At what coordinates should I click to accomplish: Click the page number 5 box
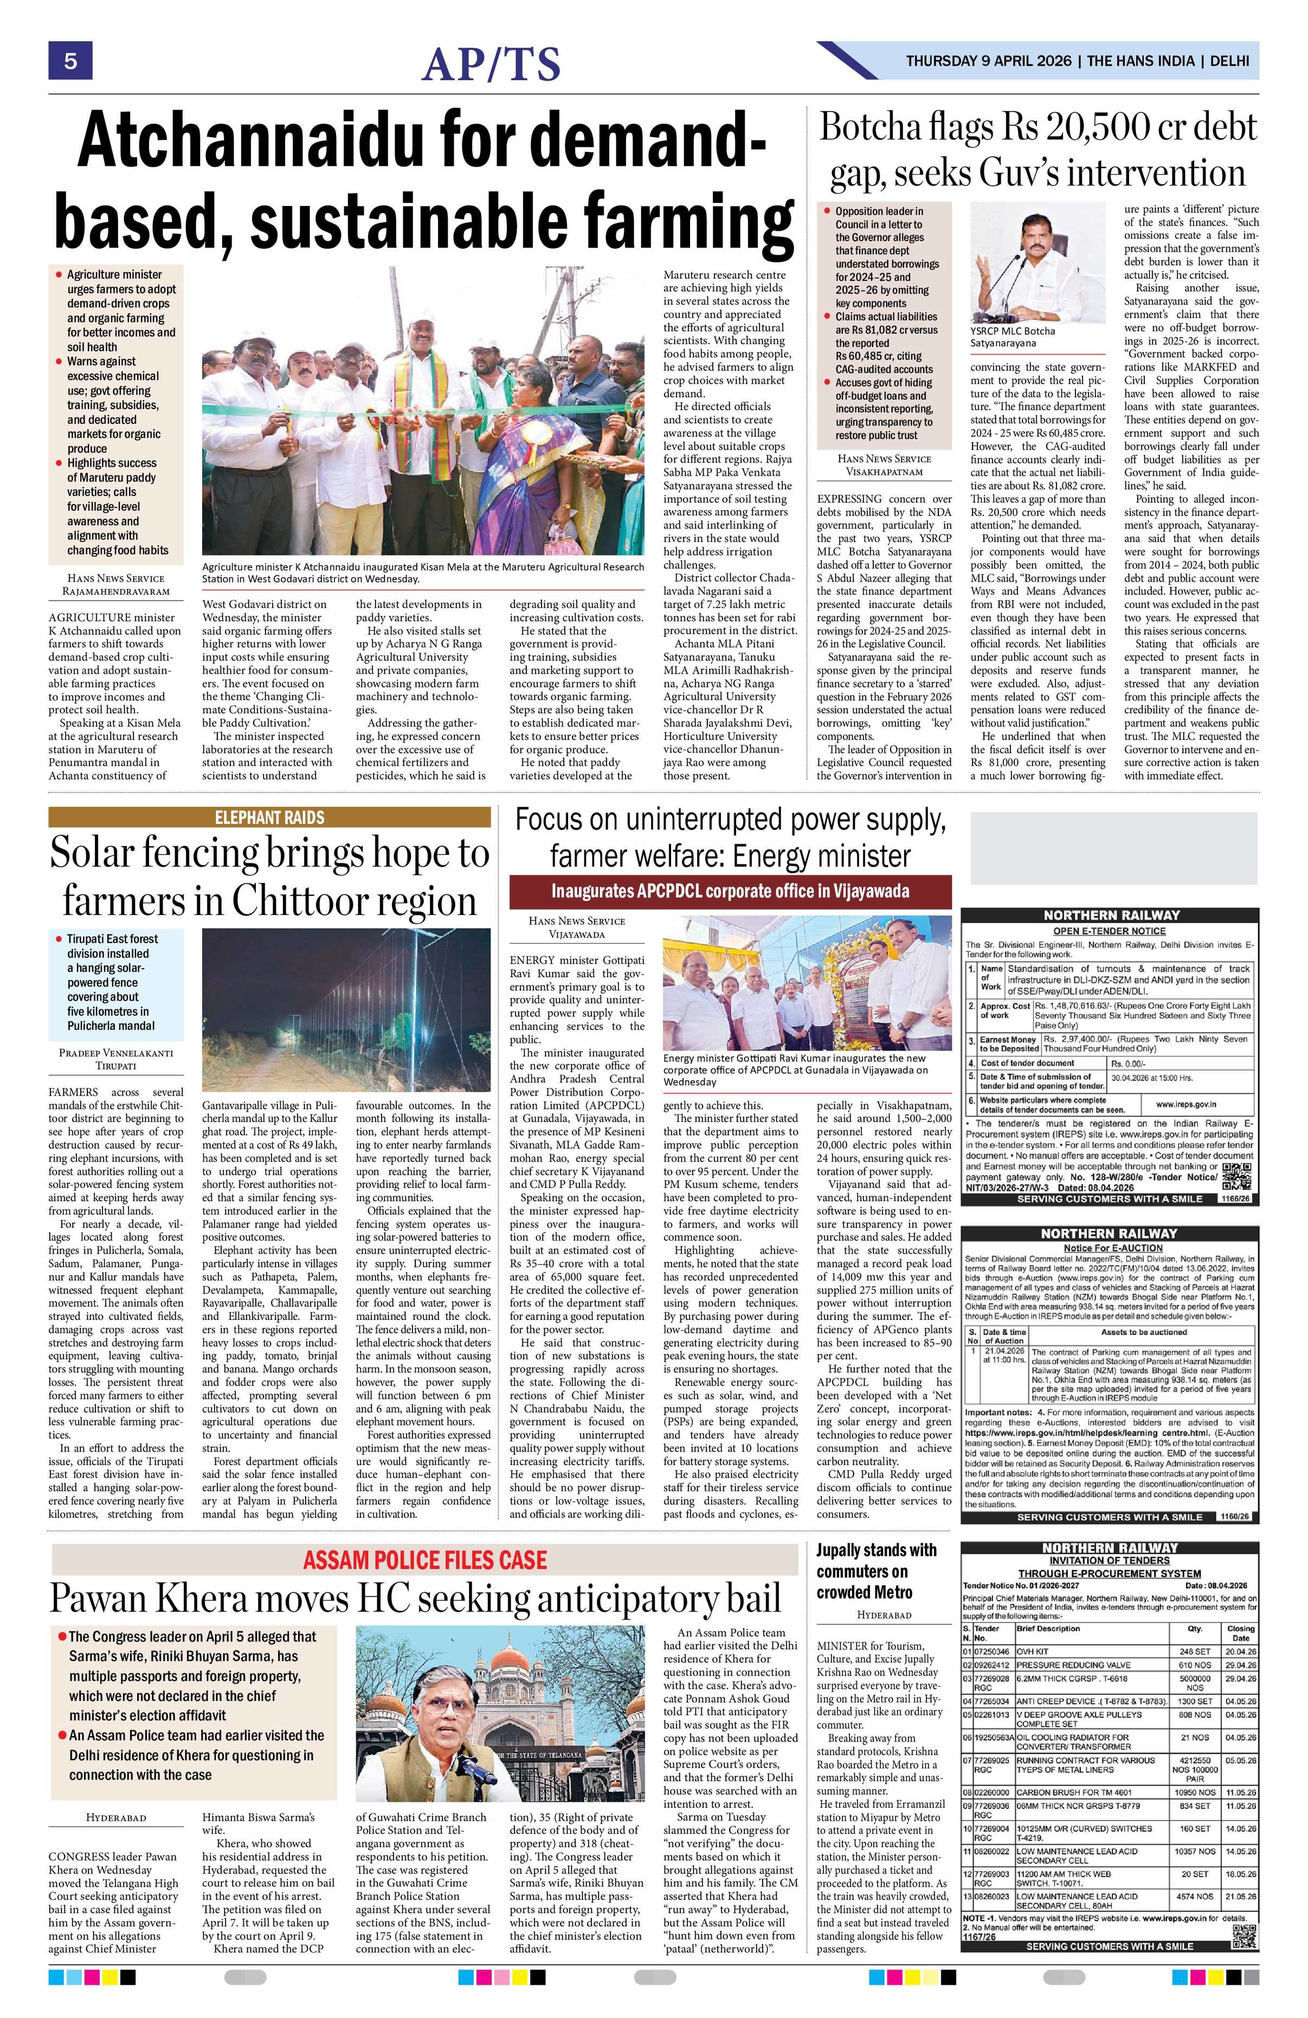coord(69,61)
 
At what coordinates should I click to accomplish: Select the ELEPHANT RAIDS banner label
coord(269,817)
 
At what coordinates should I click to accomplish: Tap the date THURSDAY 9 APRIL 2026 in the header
coord(988,61)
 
